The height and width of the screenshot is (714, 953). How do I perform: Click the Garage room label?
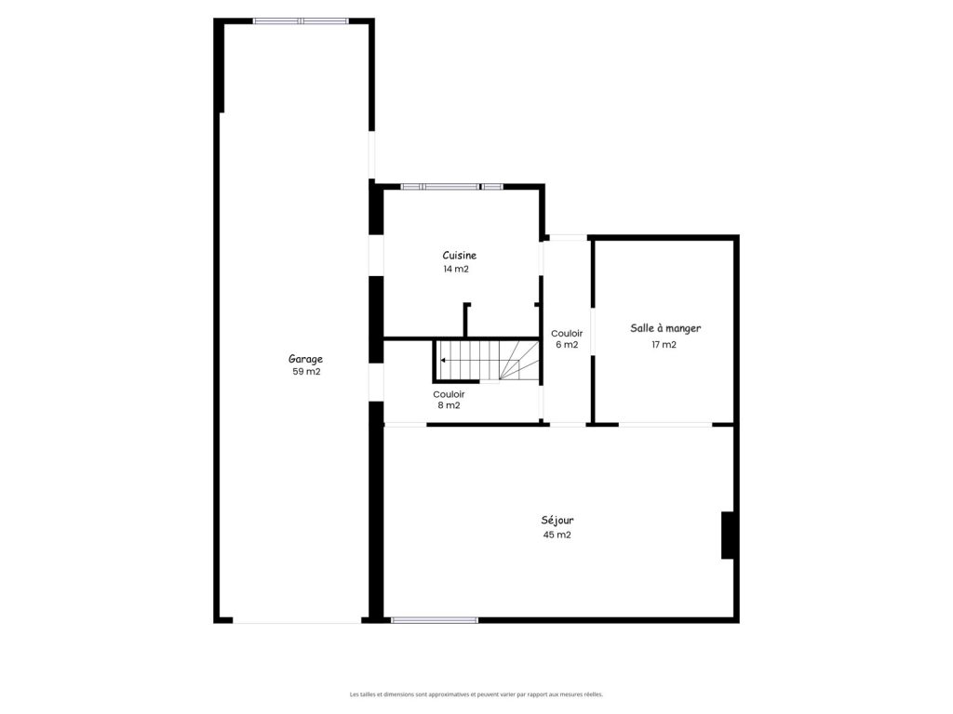pyautogui.click(x=305, y=359)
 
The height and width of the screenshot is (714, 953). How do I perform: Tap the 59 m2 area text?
pyautogui.click(x=306, y=372)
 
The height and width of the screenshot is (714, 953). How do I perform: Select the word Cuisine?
pyautogui.click(x=460, y=256)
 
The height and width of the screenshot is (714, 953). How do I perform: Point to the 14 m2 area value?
pyautogui.click(x=456, y=269)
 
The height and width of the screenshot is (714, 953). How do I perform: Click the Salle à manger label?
pyautogui.click(x=665, y=328)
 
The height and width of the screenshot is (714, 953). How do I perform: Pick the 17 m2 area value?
pyautogui.click(x=664, y=344)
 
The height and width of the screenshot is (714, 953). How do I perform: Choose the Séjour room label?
pyautogui.click(x=557, y=521)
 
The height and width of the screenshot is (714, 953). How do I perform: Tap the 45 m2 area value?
pyautogui.click(x=557, y=535)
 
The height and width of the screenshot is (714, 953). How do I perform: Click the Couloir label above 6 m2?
pyautogui.click(x=567, y=334)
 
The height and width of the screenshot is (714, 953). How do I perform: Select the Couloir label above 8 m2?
pyautogui.click(x=450, y=394)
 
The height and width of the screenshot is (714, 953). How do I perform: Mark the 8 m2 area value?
pyautogui.click(x=450, y=405)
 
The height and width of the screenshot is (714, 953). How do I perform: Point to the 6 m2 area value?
pyautogui.click(x=567, y=345)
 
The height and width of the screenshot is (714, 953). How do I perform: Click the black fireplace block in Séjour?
pyautogui.click(x=728, y=535)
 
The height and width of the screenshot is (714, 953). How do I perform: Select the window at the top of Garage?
pyautogui.click(x=301, y=21)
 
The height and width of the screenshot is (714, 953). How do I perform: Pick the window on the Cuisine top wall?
pyautogui.click(x=451, y=186)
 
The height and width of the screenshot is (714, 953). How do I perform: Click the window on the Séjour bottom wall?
pyautogui.click(x=435, y=620)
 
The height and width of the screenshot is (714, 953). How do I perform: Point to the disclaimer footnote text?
pyautogui.click(x=476, y=694)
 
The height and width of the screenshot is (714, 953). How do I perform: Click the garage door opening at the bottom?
pyautogui.click(x=297, y=620)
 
